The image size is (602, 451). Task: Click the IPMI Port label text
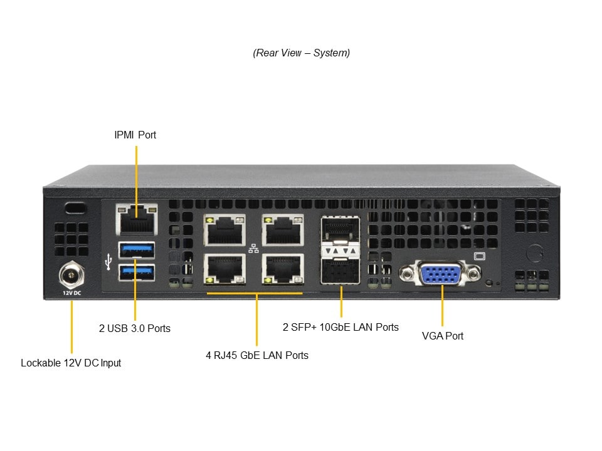coord(135,135)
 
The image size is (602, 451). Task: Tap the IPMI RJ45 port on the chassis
coord(136,220)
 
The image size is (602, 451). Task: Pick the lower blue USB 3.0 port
coord(136,271)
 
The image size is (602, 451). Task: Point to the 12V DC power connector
coord(71,274)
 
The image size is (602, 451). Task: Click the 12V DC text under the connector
coord(71,293)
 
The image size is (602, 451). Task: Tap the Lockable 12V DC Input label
coord(71,363)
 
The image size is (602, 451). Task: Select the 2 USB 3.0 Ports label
coord(135,328)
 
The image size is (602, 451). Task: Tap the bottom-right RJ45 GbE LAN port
coord(283,270)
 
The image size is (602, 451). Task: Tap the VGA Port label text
coord(443,336)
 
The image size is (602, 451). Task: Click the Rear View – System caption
coord(302,53)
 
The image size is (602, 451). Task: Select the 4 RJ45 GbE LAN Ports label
coord(257,355)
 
